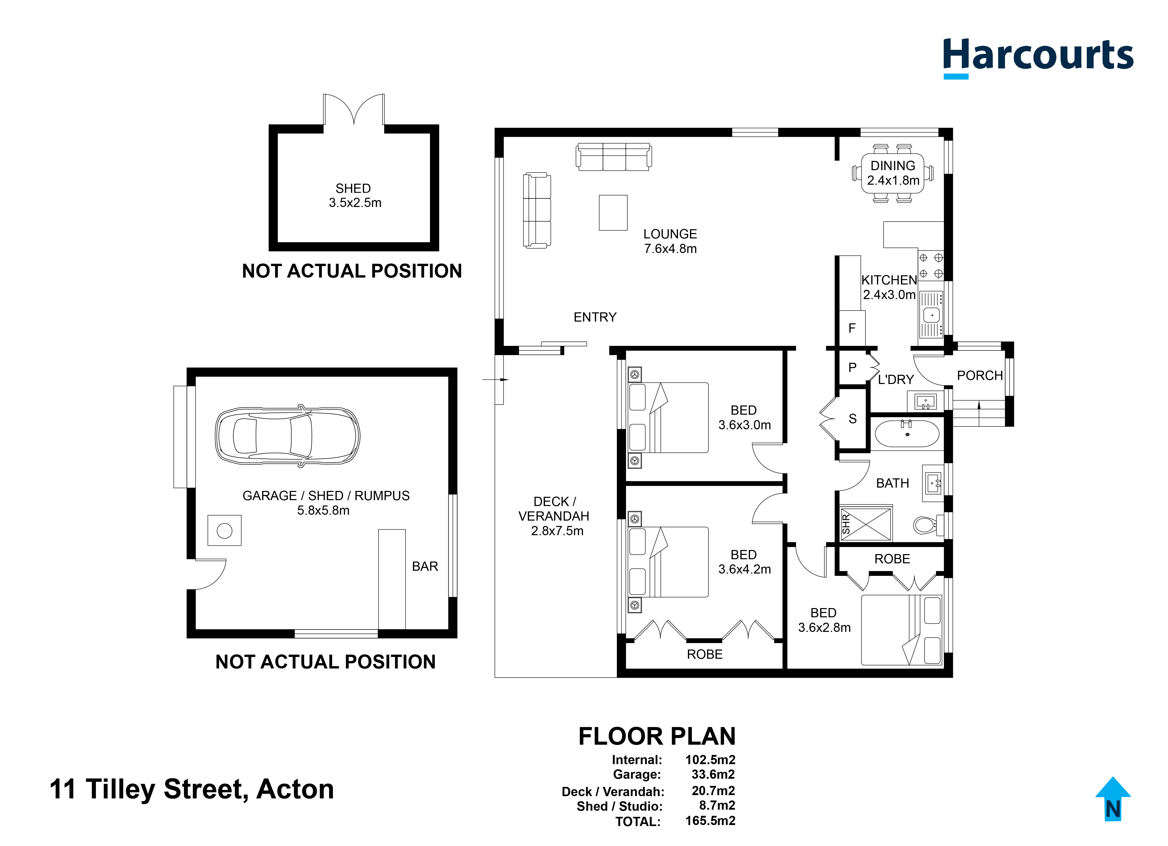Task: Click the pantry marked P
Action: [852, 367]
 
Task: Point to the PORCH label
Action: [980, 376]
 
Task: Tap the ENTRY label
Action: [595, 317]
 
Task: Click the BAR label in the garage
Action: [425, 567]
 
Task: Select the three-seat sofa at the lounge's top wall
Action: [613, 157]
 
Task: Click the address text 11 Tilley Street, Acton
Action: [192, 789]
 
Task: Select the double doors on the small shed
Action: [354, 109]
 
